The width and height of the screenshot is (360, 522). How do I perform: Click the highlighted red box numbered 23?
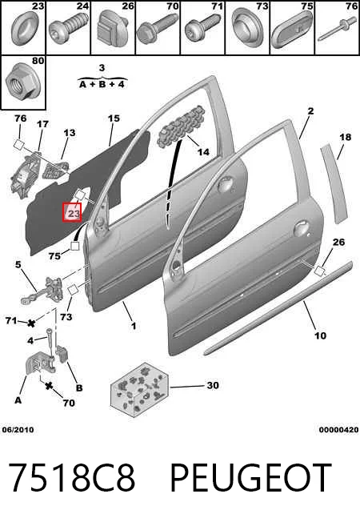[72, 212]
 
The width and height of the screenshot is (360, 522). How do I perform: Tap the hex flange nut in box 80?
[20, 82]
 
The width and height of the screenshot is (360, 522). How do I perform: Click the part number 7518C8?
[72, 478]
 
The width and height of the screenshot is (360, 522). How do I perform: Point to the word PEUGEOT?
[251, 478]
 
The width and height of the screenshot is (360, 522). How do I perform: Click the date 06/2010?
[18, 430]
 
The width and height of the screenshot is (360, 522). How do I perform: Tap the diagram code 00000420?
[339, 430]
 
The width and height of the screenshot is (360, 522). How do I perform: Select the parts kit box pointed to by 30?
[139, 390]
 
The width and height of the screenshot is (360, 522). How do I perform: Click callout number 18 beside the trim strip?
[346, 137]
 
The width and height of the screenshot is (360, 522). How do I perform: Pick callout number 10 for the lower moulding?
[321, 335]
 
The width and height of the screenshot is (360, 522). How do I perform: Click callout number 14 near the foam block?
[204, 152]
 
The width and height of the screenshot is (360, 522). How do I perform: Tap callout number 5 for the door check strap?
[18, 265]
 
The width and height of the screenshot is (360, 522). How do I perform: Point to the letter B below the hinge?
[79, 388]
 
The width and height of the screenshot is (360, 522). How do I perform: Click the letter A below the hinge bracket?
[18, 400]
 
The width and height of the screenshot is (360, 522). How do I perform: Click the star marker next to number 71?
[32, 323]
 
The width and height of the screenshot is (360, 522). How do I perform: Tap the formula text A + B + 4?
[102, 84]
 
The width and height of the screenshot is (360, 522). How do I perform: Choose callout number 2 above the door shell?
[310, 110]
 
